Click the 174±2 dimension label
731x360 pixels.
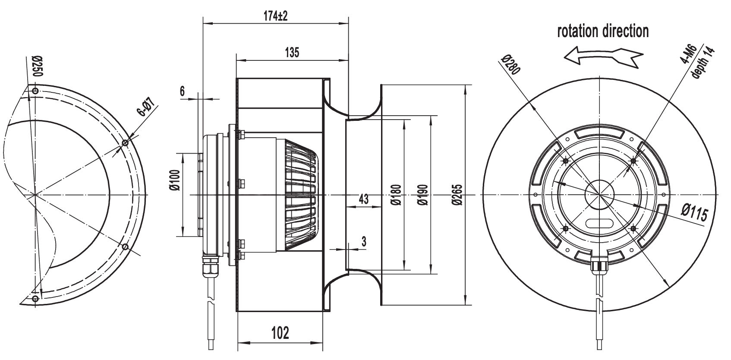[275, 16]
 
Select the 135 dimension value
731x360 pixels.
[292, 53]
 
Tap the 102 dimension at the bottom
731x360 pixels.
[280, 333]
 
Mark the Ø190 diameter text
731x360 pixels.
[422, 195]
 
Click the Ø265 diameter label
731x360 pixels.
[457, 195]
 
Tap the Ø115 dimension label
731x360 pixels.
[694, 213]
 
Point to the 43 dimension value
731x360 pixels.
[363, 199]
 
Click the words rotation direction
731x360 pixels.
[603, 31]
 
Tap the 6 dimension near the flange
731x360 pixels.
[182, 91]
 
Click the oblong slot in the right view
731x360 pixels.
[599, 223]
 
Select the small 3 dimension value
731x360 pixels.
[364, 242]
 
